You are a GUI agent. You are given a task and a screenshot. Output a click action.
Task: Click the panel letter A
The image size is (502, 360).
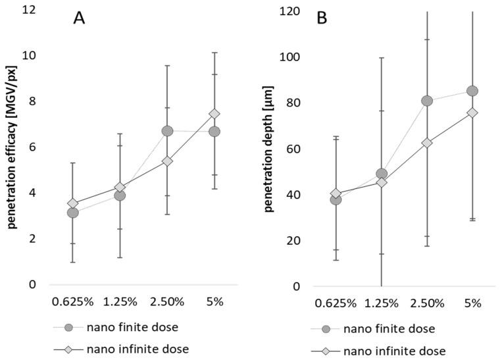79,18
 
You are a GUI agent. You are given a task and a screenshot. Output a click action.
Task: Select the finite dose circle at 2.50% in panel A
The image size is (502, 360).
167,131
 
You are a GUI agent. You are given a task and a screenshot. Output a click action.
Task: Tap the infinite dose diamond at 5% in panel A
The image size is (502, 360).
214,114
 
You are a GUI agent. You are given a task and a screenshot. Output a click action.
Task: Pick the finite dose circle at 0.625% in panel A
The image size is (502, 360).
72,213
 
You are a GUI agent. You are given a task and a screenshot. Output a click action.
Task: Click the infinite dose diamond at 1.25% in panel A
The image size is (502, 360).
120,188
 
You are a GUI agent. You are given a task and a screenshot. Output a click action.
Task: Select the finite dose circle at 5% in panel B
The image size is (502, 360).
472,91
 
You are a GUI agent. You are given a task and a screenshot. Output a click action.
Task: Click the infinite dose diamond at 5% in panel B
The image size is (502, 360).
472,113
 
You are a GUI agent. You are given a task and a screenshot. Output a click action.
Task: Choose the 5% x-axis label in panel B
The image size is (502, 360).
472,303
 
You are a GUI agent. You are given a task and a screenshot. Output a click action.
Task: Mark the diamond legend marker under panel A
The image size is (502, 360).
68,350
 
